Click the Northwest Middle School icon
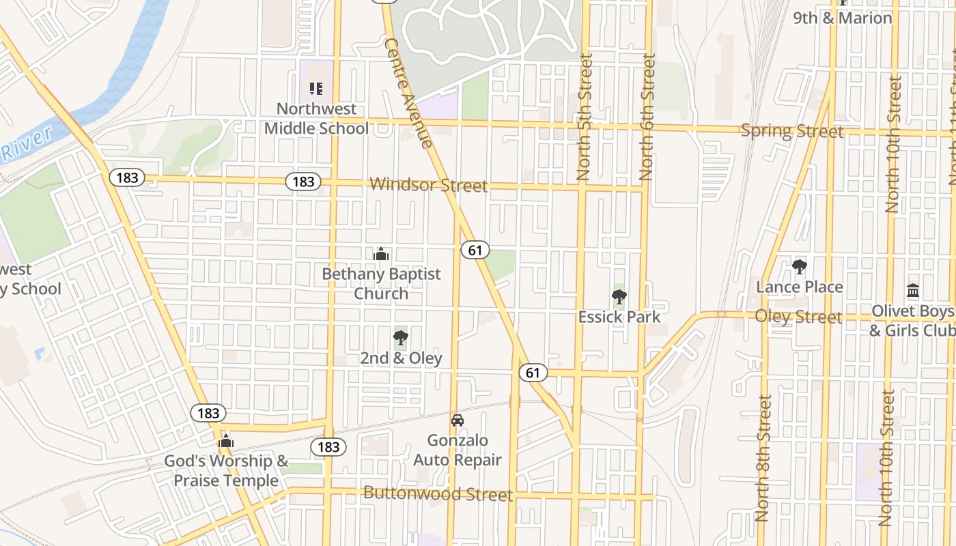tap(315, 88)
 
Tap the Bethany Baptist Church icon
tap(381, 254)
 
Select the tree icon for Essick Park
tap(619, 296)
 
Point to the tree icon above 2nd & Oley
tap(401, 337)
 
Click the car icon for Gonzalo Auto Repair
tap(458, 420)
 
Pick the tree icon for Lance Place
tap(800, 266)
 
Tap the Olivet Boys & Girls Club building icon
tap(913, 291)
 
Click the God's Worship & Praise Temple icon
tap(226, 442)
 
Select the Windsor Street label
tap(428, 185)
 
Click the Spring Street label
tap(792, 130)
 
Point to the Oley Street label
tap(798, 317)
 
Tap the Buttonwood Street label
tap(438, 493)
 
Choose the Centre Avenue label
tap(408, 93)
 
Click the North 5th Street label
tap(585, 117)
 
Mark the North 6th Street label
tap(648, 117)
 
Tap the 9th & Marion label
tap(843, 18)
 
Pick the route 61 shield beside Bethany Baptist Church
tap(475, 250)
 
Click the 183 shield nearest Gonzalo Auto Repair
tap(328, 447)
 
